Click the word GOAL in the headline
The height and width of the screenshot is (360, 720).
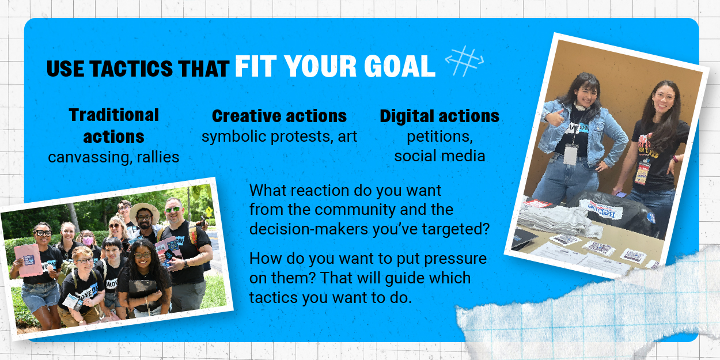(x=400, y=66)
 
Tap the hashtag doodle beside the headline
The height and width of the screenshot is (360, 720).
(x=464, y=61)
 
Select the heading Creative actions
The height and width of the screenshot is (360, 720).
(x=279, y=116)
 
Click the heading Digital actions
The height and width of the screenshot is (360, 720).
(x=439, y=116)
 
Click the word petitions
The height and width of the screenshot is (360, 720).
(x=439, y=137)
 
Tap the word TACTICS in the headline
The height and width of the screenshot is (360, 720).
(x=131, y=69)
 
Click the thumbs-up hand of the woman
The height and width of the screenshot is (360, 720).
(x=555, y=118)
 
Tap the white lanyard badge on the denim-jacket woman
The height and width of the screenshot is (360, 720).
(x=571, y=154)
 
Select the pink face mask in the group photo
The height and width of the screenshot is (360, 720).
(x=88, y=240)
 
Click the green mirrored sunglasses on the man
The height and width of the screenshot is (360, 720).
(x=173, y=210)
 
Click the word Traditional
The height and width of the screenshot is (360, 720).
(x=114, y=115)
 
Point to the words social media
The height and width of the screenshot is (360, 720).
(x=439, y=156)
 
